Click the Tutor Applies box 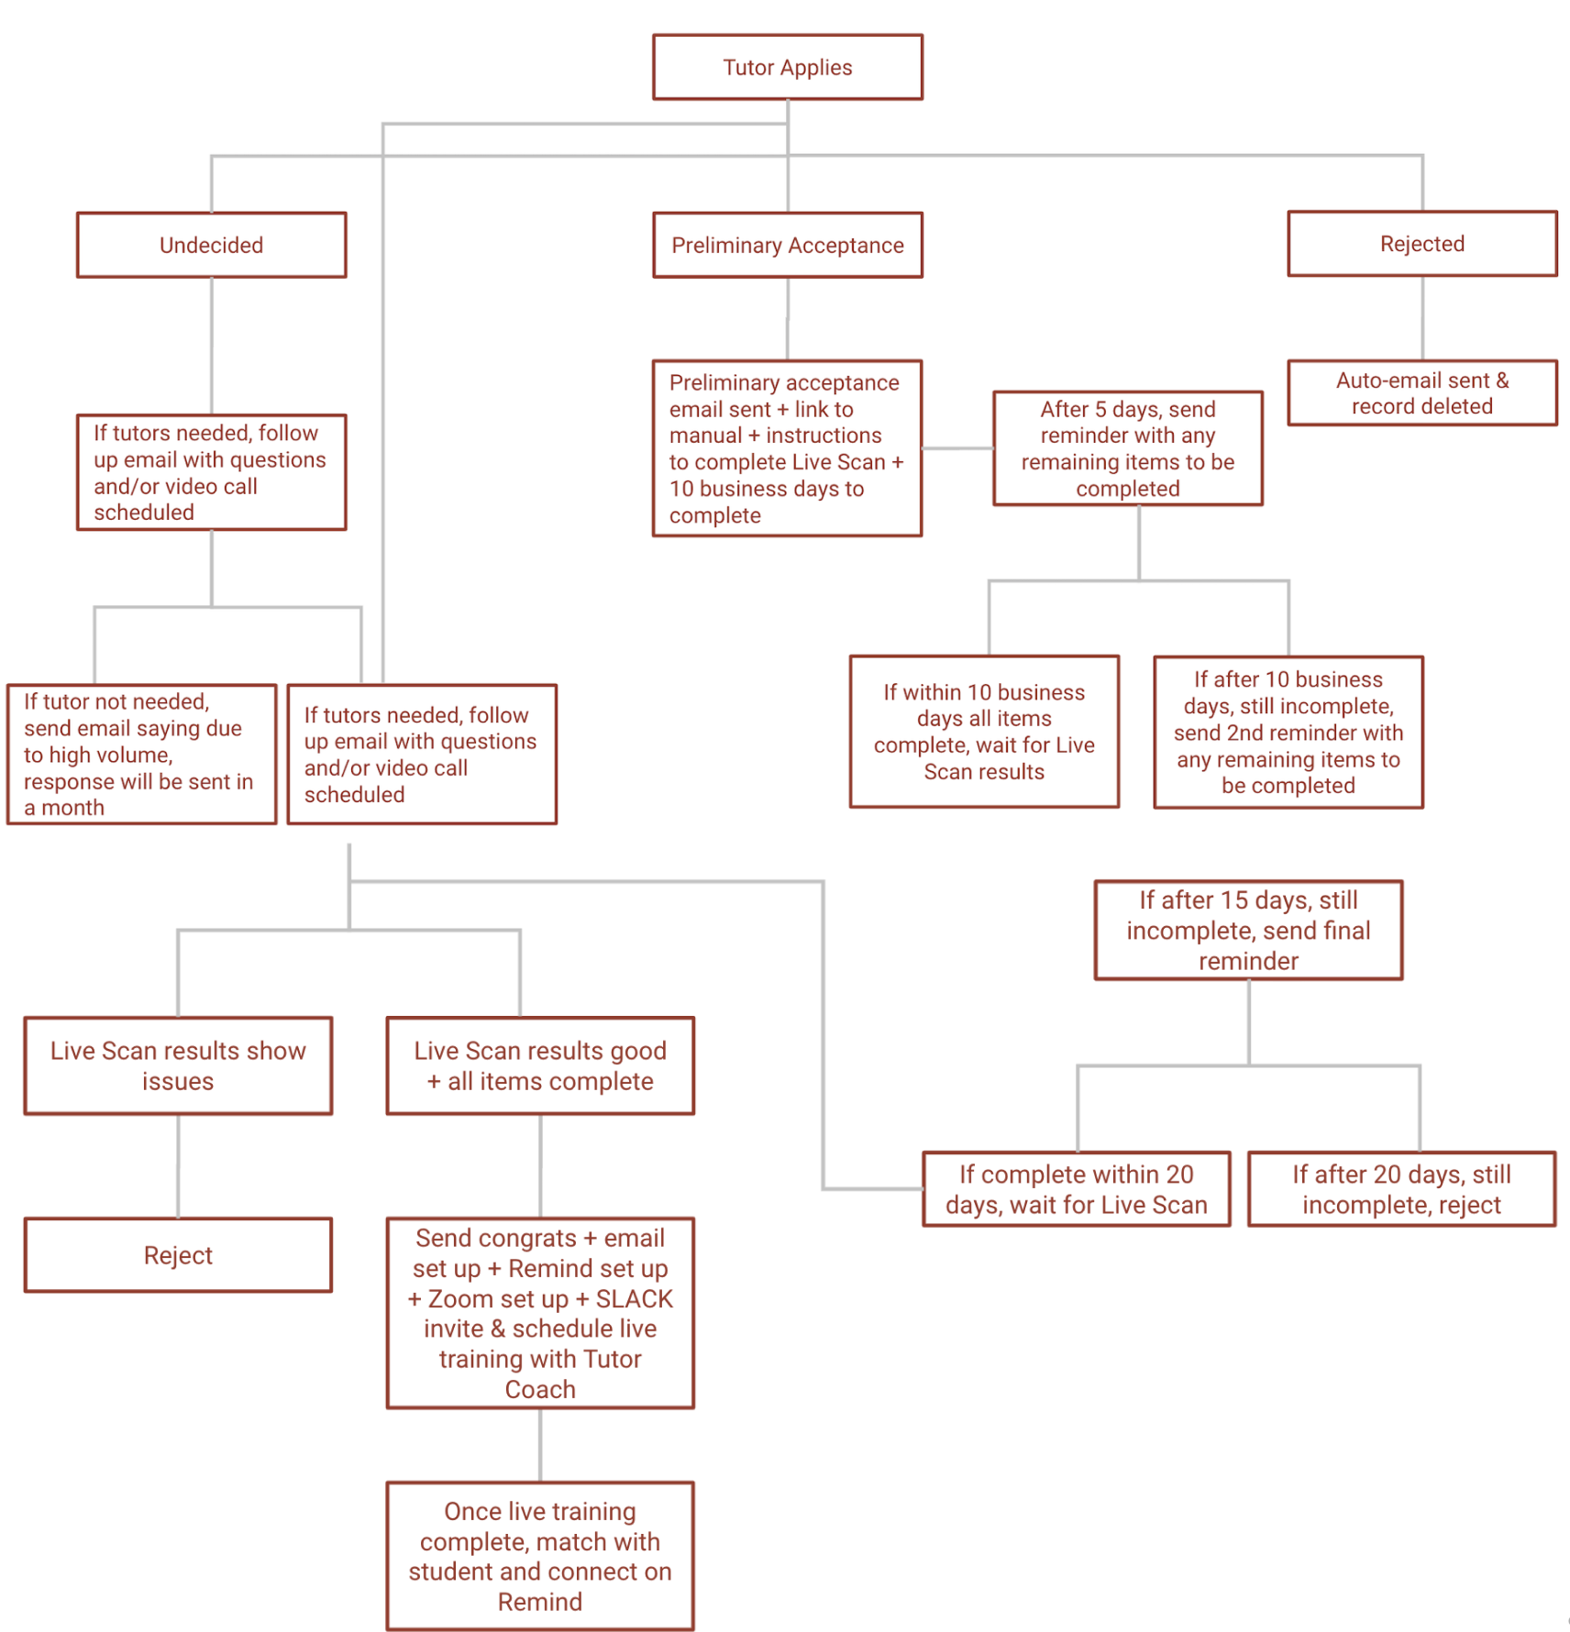(787, 67)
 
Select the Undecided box (211, 245)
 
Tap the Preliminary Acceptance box (787, 245)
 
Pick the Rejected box (1421, 244)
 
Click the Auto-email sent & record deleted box (1421, 392)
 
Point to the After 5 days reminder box (1127, 448)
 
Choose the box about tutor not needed (141, 754)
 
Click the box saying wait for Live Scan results (984, 731)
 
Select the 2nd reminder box (1288, 732)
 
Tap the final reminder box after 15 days (1248, 930)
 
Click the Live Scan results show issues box (178, 1065)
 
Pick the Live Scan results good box (540, 1065)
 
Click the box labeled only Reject (178, 1254)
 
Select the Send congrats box (540, 1312)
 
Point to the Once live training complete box (540, 1555)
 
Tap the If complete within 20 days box (1076, 1188)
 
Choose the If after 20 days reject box (1401, 1188)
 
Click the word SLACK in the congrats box (634, 1298)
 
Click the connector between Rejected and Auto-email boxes (1422, 318)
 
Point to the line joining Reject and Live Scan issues (178, 1166)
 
